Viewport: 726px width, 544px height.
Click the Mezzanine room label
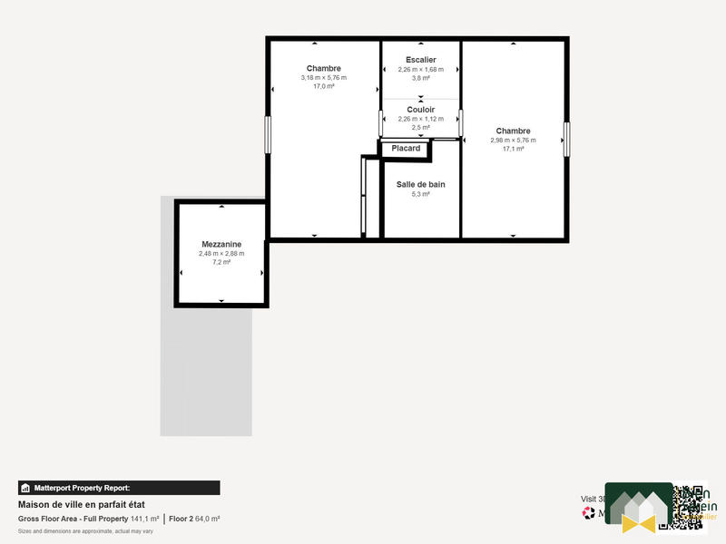pos(221,244)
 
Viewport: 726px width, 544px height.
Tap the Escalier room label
pos(420,60)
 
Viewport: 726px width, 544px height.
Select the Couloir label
pos(420,109)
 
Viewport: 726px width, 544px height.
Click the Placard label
pos(406,149)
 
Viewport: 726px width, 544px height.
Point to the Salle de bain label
pos(420,184)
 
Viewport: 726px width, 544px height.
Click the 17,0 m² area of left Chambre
pos(323,87)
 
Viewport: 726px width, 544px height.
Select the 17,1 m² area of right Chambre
pos(513,149)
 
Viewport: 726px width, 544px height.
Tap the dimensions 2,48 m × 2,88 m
pos(221,253)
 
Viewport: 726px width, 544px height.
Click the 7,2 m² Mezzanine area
pos(221,262)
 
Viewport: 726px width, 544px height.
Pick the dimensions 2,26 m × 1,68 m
pos(420,69)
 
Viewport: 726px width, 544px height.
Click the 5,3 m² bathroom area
pos(420,194)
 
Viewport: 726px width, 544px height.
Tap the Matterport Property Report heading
pos(83,488)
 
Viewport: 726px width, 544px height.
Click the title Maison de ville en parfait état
pos(82,504)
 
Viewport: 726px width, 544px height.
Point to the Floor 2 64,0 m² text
pos(195,519)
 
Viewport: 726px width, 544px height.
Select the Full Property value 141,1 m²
pos(145,519)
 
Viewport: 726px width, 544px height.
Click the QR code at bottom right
pos(689,508)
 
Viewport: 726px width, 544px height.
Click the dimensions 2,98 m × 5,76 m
pos(513,140)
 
